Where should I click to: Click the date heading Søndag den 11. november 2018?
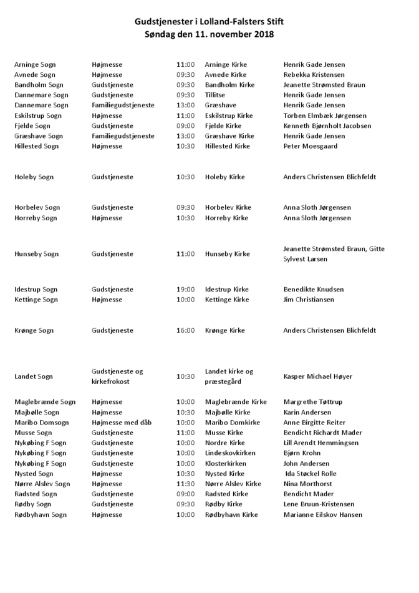209,34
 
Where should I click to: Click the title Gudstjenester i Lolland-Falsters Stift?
209,21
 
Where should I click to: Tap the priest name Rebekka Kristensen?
314,74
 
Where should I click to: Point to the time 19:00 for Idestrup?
185,290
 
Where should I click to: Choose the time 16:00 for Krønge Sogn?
185,330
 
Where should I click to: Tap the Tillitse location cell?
215,95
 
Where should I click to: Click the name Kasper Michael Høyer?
317,376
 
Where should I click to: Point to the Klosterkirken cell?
227,463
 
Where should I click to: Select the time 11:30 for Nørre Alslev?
185,484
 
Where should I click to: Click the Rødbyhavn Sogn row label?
40,514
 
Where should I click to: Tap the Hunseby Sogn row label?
36,254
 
